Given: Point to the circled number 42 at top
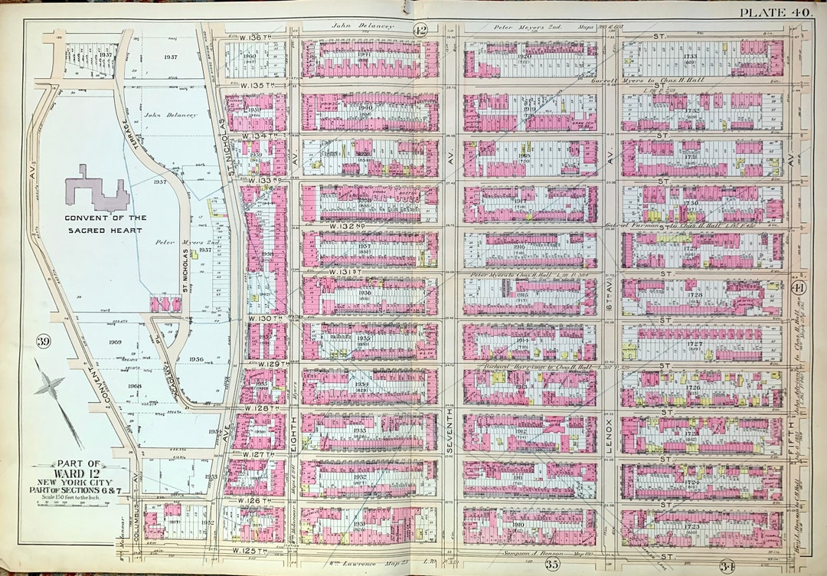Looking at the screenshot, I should pyautogui.click(x=420, y=30).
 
